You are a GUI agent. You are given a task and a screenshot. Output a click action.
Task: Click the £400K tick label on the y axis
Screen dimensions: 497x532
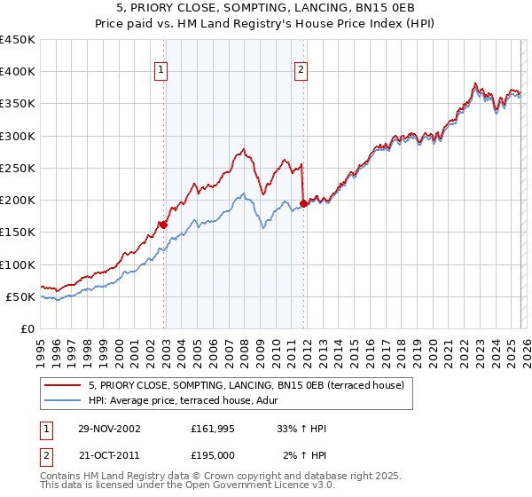coord(18,72)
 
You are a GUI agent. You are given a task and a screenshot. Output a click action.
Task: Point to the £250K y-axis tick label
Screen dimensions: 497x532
coord(18,168)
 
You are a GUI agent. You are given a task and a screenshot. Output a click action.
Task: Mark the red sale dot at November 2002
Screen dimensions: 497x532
coord(164,225)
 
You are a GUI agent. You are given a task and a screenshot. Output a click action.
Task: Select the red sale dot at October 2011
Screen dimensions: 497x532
coord(304,203)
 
